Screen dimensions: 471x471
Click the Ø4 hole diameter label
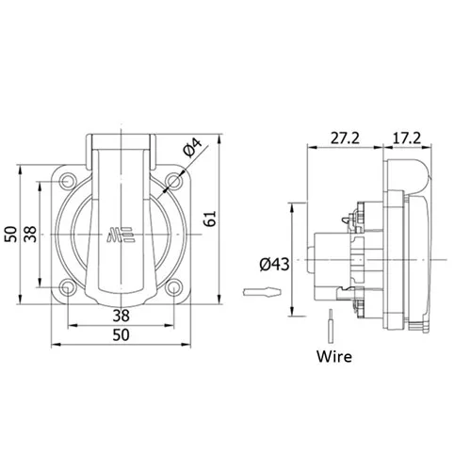(193, 147)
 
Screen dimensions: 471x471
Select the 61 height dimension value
(210, 219)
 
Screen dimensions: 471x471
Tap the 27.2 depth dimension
(345, 138)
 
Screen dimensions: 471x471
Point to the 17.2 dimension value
(407, 138)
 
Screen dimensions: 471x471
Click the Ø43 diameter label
(274, 265)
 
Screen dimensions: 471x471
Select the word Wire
(334, 356)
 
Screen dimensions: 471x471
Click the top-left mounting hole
(67, 182)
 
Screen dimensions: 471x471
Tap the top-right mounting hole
(173, 182)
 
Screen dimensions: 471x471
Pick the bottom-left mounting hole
(67, 287)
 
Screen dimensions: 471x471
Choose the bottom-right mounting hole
(173, 287)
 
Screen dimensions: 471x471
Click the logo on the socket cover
(121, 235)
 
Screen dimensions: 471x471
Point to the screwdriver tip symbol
(262, 292)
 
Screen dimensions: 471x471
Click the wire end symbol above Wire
(331, 326)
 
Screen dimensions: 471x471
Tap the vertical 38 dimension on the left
(30, 235)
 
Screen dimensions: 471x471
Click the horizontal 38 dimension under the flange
(121, 316)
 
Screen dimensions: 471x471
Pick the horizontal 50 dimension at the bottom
(121, 335)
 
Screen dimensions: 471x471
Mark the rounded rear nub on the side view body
(311, 260)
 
